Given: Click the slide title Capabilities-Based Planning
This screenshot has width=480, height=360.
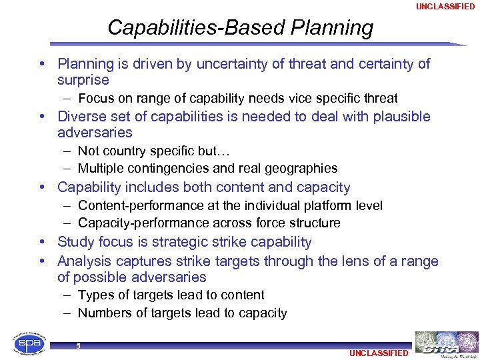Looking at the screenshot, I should [x=240, y=28].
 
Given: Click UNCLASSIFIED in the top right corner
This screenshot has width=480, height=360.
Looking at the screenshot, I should [x=445, y=7].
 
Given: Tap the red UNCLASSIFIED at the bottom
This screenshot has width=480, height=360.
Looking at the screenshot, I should [x=378, y=353].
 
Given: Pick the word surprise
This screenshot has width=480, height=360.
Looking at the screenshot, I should [x=83, y=81].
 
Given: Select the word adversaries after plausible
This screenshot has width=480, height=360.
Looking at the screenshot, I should [x=95, y=133].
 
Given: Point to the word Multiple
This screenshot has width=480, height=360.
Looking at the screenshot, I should [x=100, y=169].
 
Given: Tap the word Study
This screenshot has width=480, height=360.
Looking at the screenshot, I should [x=75, y=242].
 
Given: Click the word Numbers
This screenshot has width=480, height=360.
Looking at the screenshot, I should [x=103, y=313].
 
